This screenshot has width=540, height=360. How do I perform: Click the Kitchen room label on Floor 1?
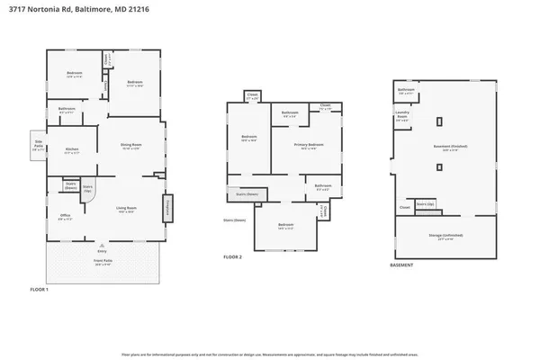click(73, 151)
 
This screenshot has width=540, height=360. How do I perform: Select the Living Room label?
click(124, 210)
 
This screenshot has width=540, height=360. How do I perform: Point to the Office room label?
click(65, 216)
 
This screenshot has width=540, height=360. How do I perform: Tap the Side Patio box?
click(39, 147)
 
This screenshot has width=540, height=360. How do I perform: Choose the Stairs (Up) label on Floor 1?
click(88, 190)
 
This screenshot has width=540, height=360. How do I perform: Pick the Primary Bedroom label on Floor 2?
click(308, 145)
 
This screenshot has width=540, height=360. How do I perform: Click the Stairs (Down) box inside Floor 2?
click(240, 193)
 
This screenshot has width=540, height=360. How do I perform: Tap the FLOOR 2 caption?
click(233, 256)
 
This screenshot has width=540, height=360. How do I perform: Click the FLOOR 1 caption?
click(39, 289)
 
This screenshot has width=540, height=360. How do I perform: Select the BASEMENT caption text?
click(401, 265)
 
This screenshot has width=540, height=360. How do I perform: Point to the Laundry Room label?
click(402, 115)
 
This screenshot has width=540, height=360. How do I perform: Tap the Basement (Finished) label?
click(445, 149)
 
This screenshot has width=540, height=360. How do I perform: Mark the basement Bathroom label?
click(406, 90)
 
